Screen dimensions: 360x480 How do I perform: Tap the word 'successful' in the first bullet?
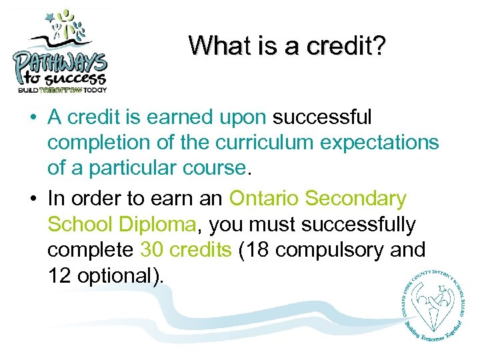(x=323, y=118)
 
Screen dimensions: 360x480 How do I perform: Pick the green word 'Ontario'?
(x=263, y=199)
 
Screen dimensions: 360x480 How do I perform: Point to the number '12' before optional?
(x=60, y=276)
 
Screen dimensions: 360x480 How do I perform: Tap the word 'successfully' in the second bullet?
(x=358, y=225)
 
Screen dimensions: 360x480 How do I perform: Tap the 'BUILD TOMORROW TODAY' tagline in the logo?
(x=62, y=89)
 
